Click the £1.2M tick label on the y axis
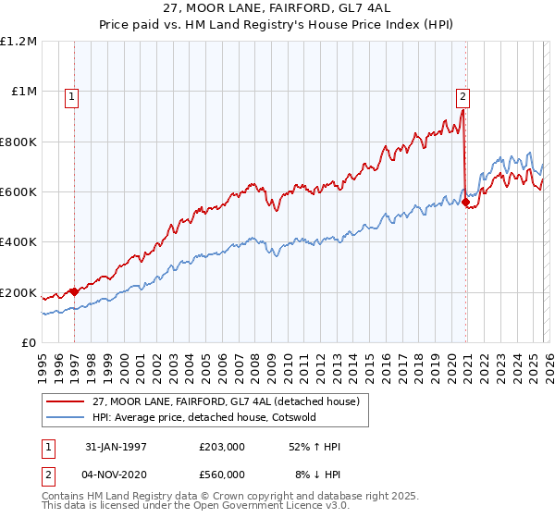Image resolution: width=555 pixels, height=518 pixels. (x=18, y=42)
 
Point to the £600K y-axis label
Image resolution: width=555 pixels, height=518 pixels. (x=18, y=192)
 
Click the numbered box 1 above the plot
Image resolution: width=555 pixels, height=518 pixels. (x=71, y=94)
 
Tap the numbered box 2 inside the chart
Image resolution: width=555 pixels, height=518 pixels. (x=462, y=94)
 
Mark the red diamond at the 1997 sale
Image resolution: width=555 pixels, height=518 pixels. (x=75, y=292)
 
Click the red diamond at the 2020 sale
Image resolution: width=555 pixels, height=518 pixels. (x=465, y=203)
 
